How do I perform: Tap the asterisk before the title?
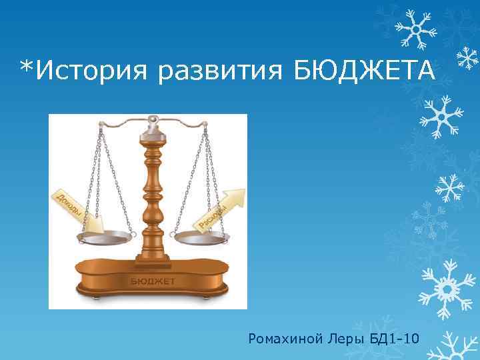(27, 65)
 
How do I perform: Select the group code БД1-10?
(394, 339)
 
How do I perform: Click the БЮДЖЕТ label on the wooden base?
(152, 281)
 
